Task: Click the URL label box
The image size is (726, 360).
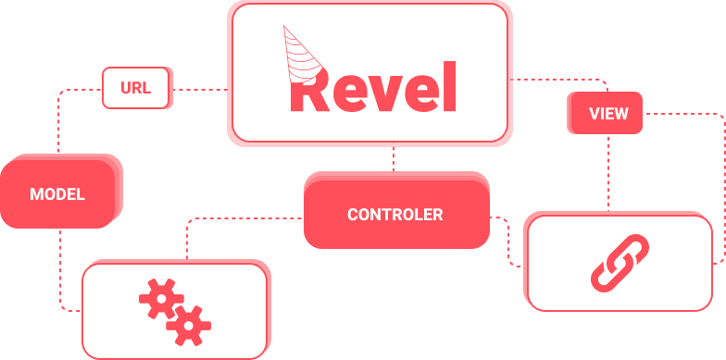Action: (x=136, y=89)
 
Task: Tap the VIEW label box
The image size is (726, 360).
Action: (x=607, y=114)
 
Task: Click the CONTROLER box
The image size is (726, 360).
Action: (x=395, y=214)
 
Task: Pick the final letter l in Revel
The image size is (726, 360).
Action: (x=450, y=86)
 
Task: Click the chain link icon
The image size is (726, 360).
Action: (x=620, y=263)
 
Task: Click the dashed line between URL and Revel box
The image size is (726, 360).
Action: (x=200, y=90)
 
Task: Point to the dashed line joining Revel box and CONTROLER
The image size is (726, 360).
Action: (x=394, y=159)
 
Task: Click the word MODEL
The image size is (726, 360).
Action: (x=57, y=194)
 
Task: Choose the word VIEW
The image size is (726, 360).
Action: (x=608, y=114)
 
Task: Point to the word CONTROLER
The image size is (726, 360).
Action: (x=395, y=215)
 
